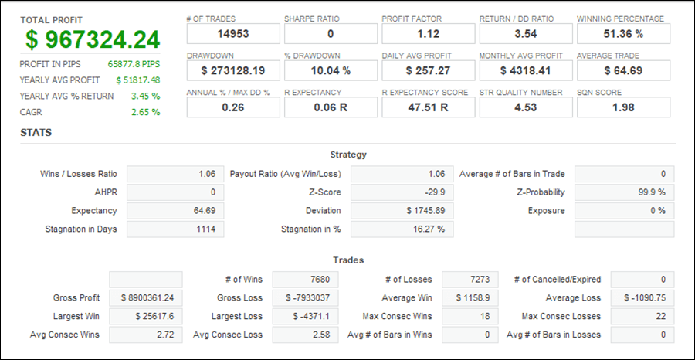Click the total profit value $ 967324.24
pyautogui.click(x=93, y=39)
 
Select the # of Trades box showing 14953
pyautogui.click(x=233, y=33)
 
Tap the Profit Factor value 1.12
pyautogui.click(x=428, y=33)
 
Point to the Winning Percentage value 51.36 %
pyautogui.click(x=623, y=33)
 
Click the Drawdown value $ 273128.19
pyautogui.click(x=233, y=70)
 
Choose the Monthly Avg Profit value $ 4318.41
pyautogui.click(x=525, y=70)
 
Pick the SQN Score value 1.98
pyautogui.click(x=623, y=107)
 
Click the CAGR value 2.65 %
pyautogui.click(x=146, y=112)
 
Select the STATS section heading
pyautogui.click(x=36, y=133)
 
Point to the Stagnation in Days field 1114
pyautogui.click(x=175, y=229)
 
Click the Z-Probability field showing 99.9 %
pyautogui.click(x=624, y=192)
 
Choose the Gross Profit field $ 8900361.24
pyautogui.click(x=146, y=297)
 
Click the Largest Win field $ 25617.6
pyautogui.click(x=146, y=316)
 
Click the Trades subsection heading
pyautogui.click(x=348, y=260)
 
